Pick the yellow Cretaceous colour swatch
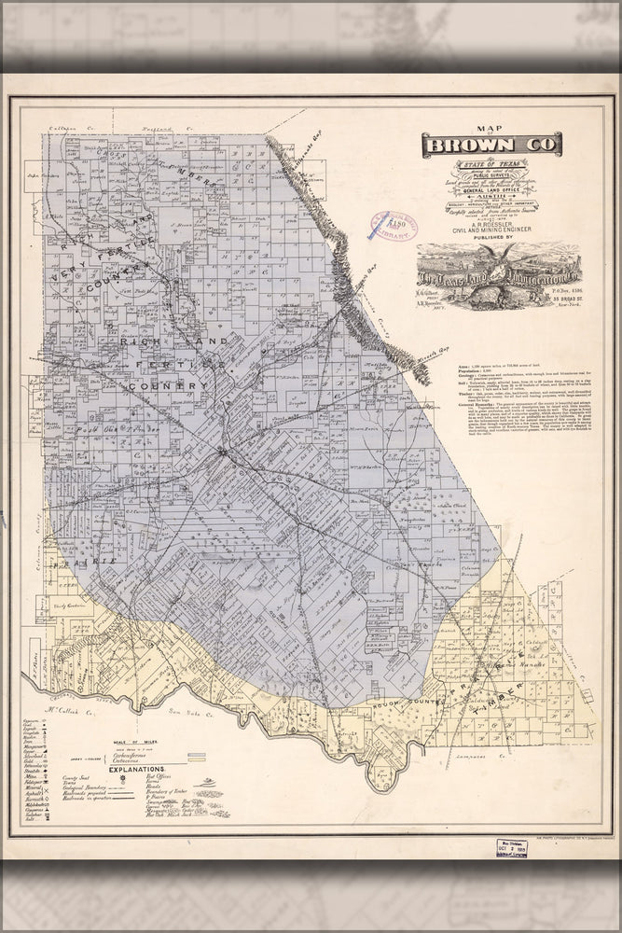coord(197,760)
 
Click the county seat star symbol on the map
coord(222,453)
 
